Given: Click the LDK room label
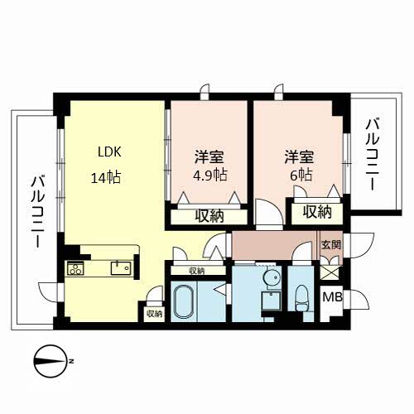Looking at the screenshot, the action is [109, 152].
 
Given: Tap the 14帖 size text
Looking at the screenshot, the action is [106, 177].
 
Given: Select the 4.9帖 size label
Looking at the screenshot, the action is [210, 175].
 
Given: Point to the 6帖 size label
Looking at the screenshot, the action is [301, 175].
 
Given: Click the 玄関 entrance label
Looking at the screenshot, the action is [331, 244].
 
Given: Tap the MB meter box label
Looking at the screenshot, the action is [333, 297].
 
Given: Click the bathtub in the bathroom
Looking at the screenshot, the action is [184, 301].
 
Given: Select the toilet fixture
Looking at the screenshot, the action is [301, 298].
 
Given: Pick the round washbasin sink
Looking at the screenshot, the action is [272, 277].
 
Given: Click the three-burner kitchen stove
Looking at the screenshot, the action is [75, 268].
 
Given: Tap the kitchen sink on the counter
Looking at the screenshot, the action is [120, 268].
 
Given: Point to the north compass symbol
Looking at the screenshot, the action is [51, 361].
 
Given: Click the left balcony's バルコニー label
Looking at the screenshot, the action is [38, 212].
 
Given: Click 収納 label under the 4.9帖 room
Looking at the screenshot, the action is [209, 216].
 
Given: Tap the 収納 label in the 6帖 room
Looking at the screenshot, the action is [317, 212].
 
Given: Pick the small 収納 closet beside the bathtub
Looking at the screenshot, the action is [155, 314].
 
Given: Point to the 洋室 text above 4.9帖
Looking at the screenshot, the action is [209, 157].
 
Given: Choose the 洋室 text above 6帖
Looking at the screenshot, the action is [299, 157].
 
